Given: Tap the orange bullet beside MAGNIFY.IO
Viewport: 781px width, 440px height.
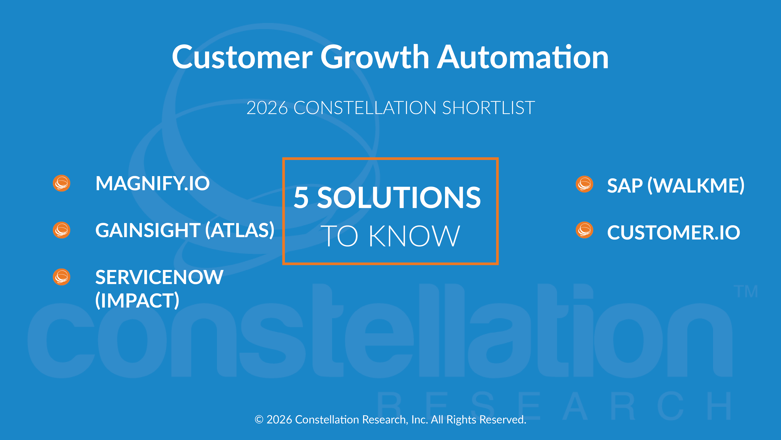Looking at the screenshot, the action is coord(62,183).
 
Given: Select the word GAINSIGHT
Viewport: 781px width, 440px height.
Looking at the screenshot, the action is coord(148,230).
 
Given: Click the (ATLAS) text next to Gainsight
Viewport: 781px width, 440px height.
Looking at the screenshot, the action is coord(240,230).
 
